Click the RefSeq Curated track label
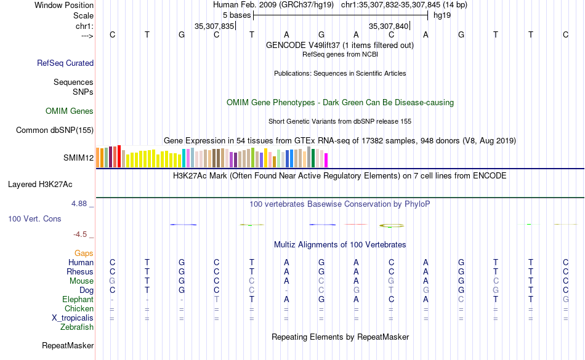65,63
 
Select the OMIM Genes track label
70,111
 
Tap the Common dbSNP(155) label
55,130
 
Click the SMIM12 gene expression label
78,158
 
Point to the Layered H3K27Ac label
40,184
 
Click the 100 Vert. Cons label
34,218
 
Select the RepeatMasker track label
68,346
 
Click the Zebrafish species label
77,327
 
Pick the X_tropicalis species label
73,318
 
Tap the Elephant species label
78,300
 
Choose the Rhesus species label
80,272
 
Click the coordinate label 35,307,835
214,26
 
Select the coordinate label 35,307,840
389,26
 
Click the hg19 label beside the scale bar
442,15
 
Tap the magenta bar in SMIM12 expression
326,160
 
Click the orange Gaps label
84,254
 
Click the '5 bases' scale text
236,15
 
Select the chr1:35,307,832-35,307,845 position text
404,5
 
